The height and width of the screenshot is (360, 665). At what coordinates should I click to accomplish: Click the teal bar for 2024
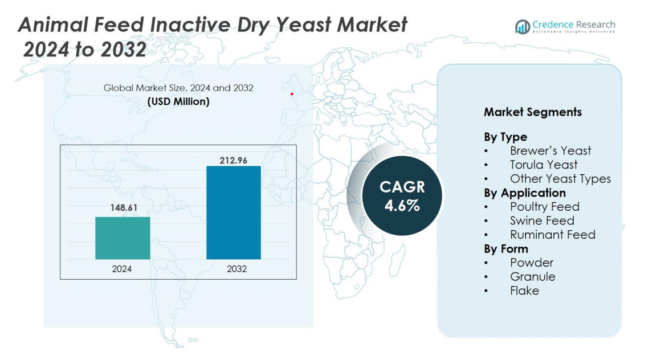click(123, 238)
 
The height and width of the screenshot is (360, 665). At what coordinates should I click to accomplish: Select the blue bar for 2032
click(234, 212)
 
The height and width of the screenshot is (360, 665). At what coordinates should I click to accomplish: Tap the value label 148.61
click(124, 208)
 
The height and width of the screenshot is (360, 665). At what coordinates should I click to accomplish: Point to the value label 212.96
click(233, 160)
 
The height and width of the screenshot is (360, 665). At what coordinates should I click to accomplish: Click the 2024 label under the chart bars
click(122, 269)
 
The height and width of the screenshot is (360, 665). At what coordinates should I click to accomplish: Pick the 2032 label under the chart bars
click(236, 269)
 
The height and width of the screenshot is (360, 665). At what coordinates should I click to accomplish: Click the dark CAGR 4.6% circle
click(402, 196)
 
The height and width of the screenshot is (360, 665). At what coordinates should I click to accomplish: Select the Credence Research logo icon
click(523, 27)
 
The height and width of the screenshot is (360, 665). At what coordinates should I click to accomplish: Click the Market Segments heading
click(533, 112)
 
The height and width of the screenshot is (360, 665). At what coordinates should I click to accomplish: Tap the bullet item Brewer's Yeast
click(550, 150)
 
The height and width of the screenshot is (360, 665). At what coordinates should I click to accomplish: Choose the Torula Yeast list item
click(544, 165)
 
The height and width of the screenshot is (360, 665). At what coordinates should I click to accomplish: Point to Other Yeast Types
click(560, 178)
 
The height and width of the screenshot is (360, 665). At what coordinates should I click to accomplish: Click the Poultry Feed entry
click(545, 207)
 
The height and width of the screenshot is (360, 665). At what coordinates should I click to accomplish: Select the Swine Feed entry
click(542, 220)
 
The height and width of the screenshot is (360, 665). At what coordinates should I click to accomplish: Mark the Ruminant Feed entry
click(553, 235)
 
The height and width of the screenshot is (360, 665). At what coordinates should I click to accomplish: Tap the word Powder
click(532, 263)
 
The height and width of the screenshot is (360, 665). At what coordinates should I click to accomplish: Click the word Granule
click(533, 276)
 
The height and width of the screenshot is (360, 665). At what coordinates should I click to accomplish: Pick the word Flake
click(525, 291)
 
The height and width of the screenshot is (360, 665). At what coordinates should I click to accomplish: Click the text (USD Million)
click(178, 102)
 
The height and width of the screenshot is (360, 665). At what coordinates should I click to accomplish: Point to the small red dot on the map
click(292, 94)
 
